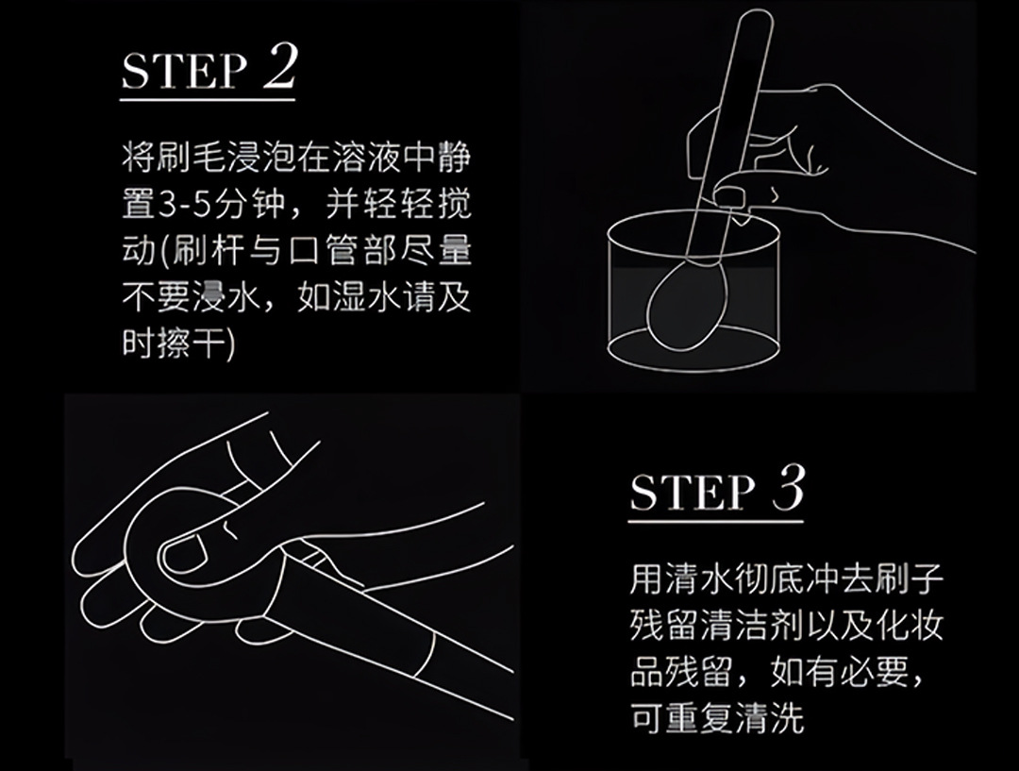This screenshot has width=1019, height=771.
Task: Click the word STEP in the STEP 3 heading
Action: coord(693,492)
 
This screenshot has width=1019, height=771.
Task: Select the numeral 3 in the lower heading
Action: coord(788,488)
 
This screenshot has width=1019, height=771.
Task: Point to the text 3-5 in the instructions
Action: coord(193,204)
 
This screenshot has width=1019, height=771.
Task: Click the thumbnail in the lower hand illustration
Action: coord(185,555)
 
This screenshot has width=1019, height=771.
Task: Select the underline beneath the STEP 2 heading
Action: coord(208,99)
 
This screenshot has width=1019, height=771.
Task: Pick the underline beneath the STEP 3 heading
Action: coord(715,521)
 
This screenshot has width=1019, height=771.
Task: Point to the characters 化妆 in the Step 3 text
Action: coord(910,626)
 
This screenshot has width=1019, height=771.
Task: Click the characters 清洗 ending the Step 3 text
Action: coord(770,719)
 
